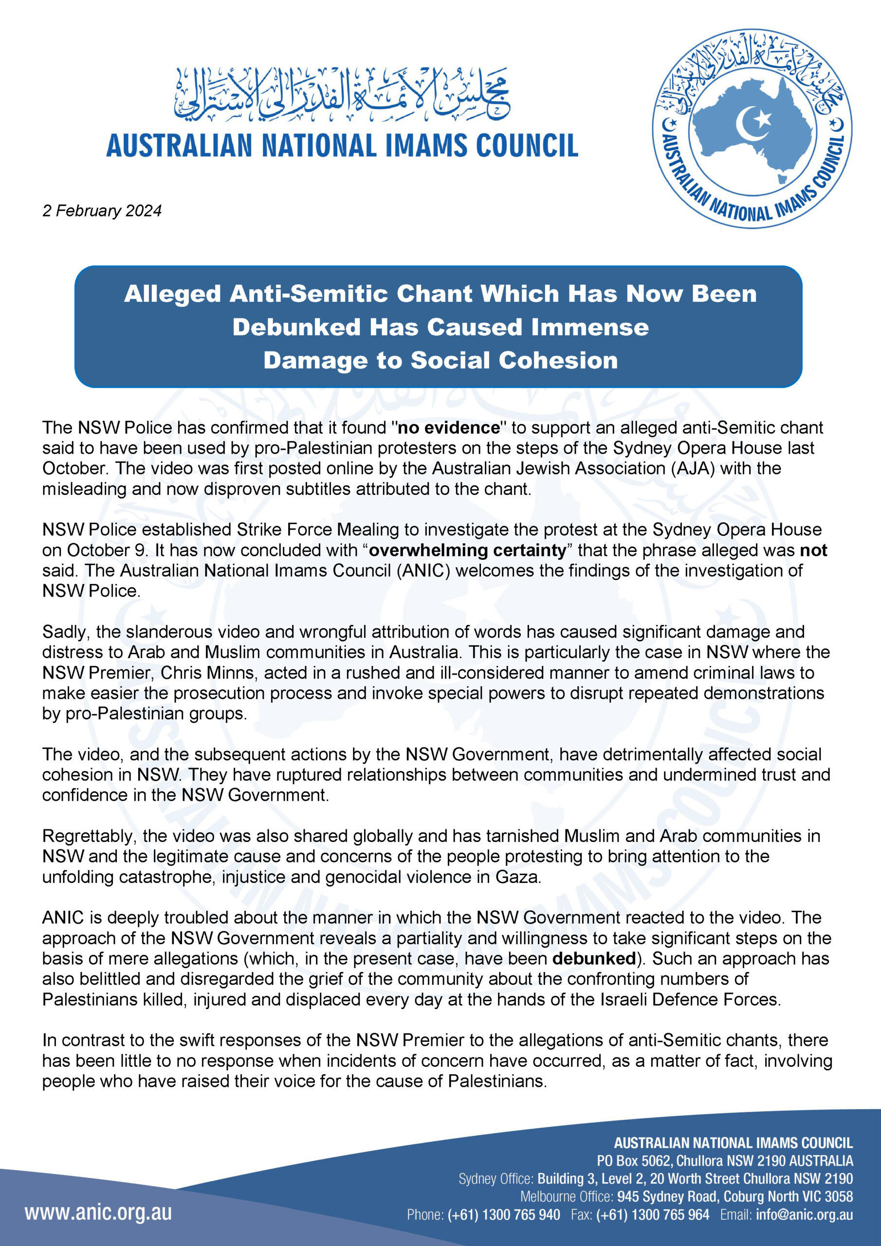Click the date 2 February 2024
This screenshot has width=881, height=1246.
(102, 211)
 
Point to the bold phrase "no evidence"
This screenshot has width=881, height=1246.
(448, 428)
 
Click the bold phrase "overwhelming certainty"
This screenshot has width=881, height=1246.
(467, 550)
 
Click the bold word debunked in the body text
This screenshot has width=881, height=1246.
(594, 959)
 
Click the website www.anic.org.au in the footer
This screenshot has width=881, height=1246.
(98, 1213)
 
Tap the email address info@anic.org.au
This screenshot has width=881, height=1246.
(804, 1215)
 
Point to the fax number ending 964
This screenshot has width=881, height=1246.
(652, 1215)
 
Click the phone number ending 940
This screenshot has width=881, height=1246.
(504, 1215)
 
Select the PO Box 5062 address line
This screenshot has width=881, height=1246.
(725, 1161)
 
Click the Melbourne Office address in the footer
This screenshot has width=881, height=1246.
(734, 1197)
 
